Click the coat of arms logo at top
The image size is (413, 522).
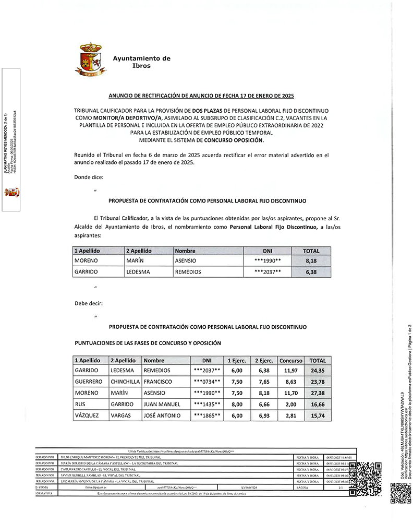click(93, 60)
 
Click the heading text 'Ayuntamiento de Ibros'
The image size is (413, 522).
click(141, 62)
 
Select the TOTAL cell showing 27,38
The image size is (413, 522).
click(317, 393)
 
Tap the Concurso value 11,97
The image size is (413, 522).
click(291, 370)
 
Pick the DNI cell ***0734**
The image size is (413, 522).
click(207, 382)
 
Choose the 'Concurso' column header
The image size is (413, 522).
click(291, 360)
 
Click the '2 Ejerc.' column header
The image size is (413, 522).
click(263, 360)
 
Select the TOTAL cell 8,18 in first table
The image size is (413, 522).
click(311, 260)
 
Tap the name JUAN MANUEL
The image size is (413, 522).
click(163, 404)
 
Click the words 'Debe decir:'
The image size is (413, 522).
click(89, 303)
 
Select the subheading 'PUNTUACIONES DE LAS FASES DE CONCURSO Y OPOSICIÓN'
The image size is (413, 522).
click(148, 343)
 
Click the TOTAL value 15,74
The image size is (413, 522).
click(317, 416)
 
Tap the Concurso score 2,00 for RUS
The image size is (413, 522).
click(291, 404)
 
